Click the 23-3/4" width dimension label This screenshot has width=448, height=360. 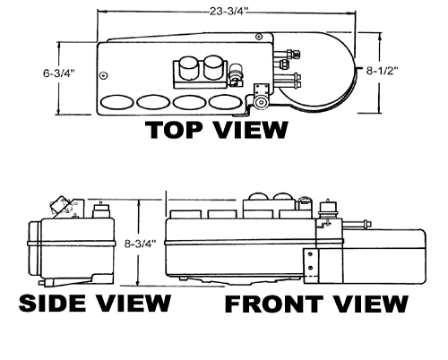click(228, 12)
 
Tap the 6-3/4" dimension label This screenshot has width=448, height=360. click(58, 73)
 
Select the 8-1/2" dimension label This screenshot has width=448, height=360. click(382, 71)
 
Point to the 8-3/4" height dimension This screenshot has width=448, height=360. click(141, 244)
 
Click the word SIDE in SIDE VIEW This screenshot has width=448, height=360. click(53, 303)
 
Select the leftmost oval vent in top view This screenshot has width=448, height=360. click(116, 102)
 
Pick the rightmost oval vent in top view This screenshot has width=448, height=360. click(226, 102)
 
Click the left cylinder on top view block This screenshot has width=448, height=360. click(189, 67)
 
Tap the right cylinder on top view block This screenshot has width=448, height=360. click(213, 67)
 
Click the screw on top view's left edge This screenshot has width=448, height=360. click(104, 75)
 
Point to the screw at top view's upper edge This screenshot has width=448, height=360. click(259, 37)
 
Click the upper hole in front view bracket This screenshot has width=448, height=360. click(310, 254)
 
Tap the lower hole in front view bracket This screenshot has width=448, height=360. click(310, 268)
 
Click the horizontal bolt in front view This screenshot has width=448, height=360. click(357, 224)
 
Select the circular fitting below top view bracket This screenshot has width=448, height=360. click(262, 102)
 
